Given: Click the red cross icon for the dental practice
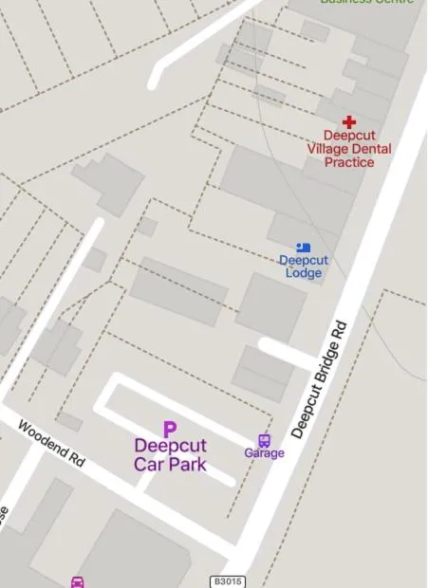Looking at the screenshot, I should (x=349, y=122).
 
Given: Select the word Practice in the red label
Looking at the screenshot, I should (x=349, y=162).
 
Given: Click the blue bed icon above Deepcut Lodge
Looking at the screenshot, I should (x=304, y=248).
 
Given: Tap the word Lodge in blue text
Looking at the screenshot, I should (x=304, y=273).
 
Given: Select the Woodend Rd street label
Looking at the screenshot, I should (x=51, y=443).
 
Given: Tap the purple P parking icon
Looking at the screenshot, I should (x=170, y=430).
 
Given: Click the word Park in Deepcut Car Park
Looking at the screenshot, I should (x=187, y=465).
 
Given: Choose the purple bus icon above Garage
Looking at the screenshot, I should (x=264, y=440).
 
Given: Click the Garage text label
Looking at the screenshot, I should (x=264, y=453).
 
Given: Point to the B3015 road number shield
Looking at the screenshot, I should (x=227, y=580).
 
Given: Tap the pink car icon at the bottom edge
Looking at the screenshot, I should (x=78, y=581).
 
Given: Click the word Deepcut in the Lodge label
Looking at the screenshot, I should (x=304, y=261).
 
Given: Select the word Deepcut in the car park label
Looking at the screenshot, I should (x=170, y=446).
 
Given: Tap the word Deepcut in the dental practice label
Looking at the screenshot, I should (x=349, y=136).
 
